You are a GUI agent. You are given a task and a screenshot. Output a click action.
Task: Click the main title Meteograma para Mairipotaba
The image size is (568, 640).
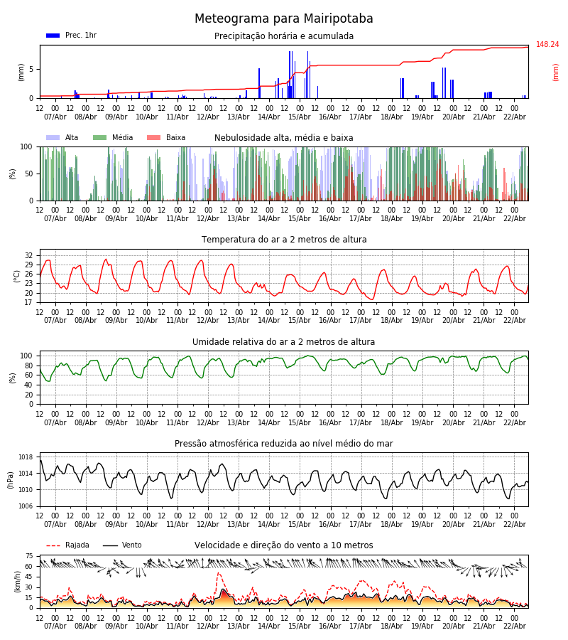284,19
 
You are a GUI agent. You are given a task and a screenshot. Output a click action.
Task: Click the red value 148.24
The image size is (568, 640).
547,45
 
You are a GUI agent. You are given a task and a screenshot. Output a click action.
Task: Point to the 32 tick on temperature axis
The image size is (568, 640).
29,255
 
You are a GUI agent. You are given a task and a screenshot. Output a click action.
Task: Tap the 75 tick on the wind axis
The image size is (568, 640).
29,556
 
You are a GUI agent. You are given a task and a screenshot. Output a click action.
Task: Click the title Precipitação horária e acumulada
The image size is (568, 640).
284,36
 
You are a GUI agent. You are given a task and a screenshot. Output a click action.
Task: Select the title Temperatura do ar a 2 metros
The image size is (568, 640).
284,240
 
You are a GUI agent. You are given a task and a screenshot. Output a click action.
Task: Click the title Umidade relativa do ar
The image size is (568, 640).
284,342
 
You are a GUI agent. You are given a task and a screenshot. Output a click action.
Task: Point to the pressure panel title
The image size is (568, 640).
284,444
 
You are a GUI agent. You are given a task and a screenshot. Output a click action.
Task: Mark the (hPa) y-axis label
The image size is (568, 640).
11,479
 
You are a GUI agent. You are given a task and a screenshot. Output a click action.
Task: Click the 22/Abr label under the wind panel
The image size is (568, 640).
515,626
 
